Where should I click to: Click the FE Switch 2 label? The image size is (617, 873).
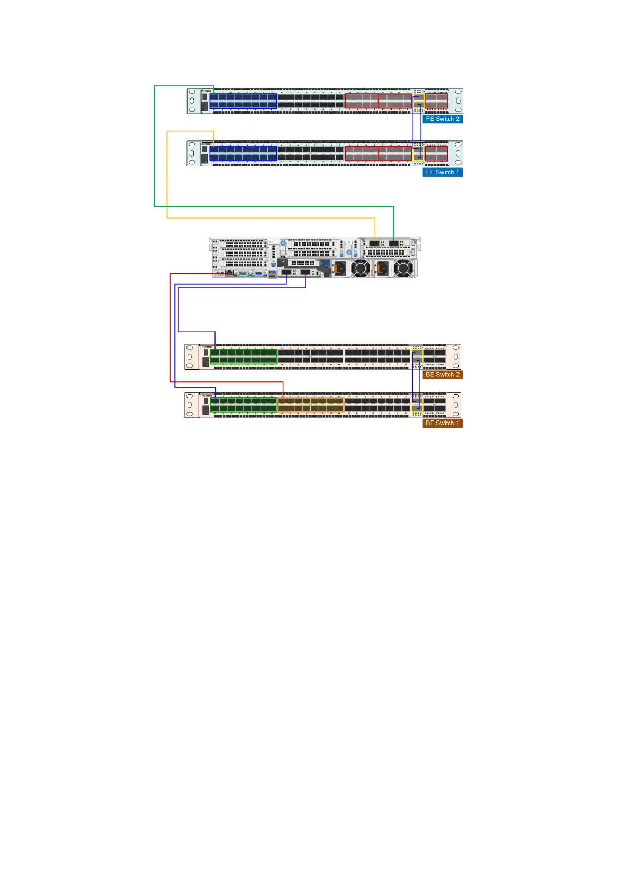[x=442, y=119]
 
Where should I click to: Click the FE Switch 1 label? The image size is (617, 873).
[x=442, y=172]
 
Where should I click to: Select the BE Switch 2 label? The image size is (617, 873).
[x=442, y=375]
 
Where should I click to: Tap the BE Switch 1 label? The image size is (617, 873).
[x=442, y=423]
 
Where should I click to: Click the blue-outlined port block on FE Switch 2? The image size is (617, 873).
[x=243, y=101]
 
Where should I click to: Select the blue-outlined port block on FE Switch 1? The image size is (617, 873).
[x=243, y=153]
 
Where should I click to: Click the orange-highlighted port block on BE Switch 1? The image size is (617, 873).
[x=311, y=405]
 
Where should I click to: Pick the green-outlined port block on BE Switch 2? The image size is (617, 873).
[x=243, y=357]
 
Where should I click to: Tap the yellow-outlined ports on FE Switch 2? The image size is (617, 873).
[x=419, y=101]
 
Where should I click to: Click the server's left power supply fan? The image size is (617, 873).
[x=361, y=269]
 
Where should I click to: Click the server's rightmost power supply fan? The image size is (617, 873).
[x=404, y=269]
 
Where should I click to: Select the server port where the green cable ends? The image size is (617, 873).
[x=394, y=243]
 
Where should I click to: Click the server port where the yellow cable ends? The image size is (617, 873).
[x=375, y=243]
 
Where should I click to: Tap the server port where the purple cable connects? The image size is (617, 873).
[x=306, y=272]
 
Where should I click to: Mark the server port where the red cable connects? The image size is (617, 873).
[x=228, y=273]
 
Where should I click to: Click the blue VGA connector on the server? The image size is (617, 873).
[x=259, y=273]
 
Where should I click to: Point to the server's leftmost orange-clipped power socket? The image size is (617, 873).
[x=339, y=269]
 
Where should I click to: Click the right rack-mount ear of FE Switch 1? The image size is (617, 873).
[x=456, y=153]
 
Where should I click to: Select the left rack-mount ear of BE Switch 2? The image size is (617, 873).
[x=191, y=357]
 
